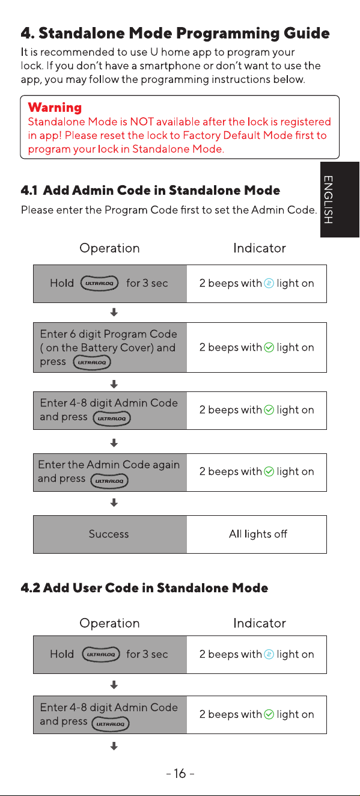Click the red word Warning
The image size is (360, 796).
pyautogui.click(x=55, y=108)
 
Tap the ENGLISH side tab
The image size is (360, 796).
pyautogui.click(x=340, y=200)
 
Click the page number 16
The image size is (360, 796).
pyautogui.click(x=180, y=773)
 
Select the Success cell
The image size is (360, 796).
pyautogui.click(x=110, y=534)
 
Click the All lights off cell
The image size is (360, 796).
pyautogui.click(x=257, y=534)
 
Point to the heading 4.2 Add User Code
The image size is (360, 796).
pyautogui.click(x=144, y=588)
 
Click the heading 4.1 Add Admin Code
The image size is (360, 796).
pyautogui.click(x=150, y=191)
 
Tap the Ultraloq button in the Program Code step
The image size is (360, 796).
pyautogui.click(x=92, y=362)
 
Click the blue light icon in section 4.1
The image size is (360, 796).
pyautogui.click(x=269, y=283)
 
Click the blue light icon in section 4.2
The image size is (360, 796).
pyautogui.click(x=269, y=654)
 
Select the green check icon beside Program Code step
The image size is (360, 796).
pyautogui.click(x=269, y=347)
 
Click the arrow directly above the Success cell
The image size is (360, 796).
pyautogui.click(x=114, y=503)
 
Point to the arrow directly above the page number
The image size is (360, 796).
pyautogui.click(x=114, y=746)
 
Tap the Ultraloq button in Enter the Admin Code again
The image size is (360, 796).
pyautogui.click(x=109, y=481)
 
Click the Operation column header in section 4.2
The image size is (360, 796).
pyautogui.click(x=109, y=623)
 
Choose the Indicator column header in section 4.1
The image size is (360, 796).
pyautogui.click(x=260, y=248)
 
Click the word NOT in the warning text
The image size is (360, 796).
pyautogui.click(x=142, y=122)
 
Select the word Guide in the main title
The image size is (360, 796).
pyautogui.click(x=307, y=33)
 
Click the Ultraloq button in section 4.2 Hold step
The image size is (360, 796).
pyautogui.click(x=101, y=654)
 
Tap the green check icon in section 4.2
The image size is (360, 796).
pyautogui.click(x=269, y=714)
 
